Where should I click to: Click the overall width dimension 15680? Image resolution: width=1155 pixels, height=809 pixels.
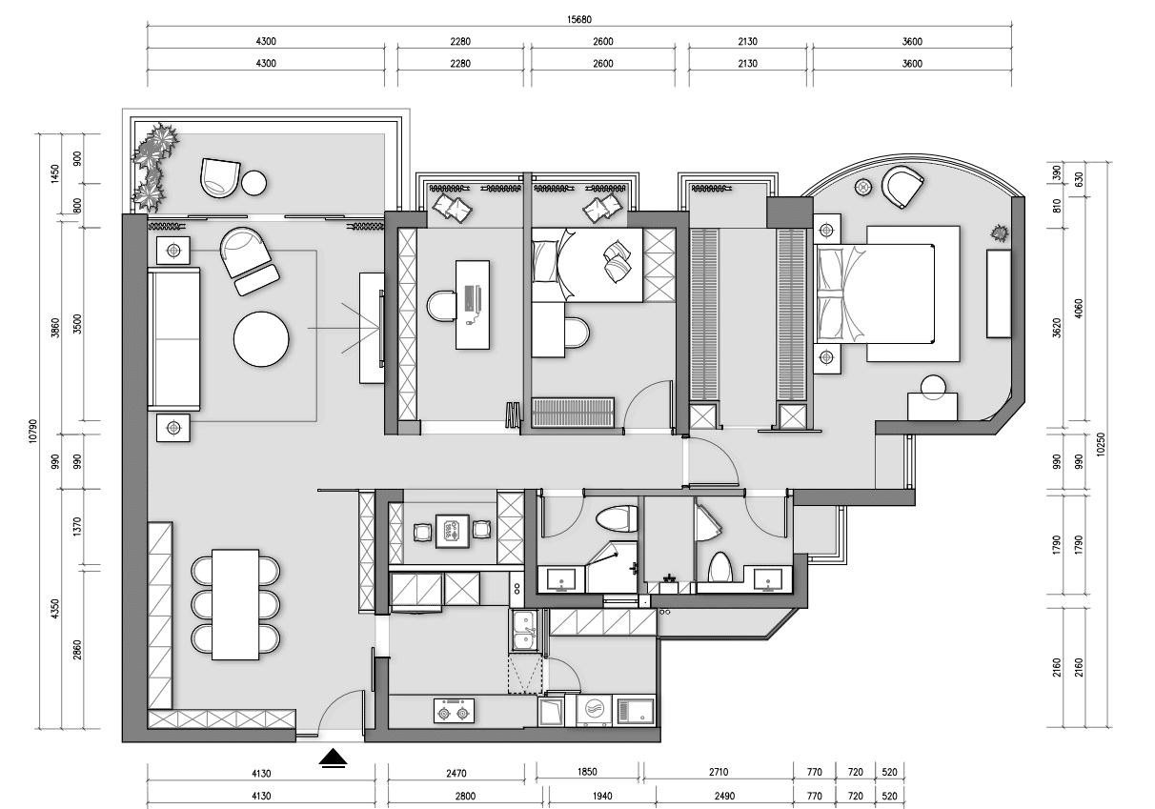[579, 20]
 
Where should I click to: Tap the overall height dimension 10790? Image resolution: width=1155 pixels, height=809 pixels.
[33, 431]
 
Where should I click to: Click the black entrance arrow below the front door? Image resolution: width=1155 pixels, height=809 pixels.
[334, 758]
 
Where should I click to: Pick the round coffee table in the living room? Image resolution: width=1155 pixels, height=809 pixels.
[261, 339]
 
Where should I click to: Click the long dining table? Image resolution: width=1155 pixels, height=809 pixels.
[235, 604]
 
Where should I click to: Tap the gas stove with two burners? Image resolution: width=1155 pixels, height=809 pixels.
[454, 711]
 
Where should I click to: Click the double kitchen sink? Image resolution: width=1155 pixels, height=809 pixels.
[525, 631]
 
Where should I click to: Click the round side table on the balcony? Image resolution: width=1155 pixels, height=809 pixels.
[254, 183]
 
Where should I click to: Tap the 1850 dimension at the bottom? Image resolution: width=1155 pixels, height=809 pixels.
[587, 772]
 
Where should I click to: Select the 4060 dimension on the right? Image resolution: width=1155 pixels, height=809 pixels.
[1079, 309]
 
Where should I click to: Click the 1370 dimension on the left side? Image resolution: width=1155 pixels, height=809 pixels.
[77, 527]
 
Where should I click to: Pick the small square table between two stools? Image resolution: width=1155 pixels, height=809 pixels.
[453, 531]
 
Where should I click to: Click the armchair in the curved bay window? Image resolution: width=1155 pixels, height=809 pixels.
[902, 187]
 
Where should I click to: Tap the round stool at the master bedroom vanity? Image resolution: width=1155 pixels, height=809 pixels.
[933, 387]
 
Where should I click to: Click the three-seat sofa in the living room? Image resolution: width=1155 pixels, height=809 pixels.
[173, 339]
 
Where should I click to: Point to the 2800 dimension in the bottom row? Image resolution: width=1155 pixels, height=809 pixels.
[465, 796]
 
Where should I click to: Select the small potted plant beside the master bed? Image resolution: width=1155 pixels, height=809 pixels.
[1000, 233]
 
